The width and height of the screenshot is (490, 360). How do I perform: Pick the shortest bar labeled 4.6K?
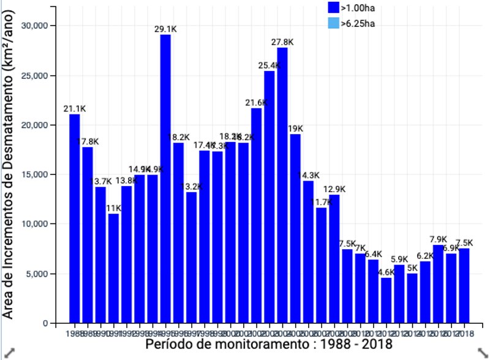pos(385,300)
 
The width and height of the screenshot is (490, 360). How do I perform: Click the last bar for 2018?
pos(464,285)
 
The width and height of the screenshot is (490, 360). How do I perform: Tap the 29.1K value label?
pos(165,29)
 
